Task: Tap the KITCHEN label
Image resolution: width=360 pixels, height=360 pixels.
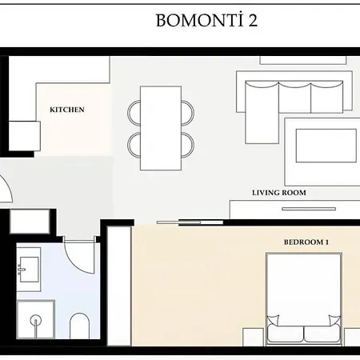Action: click(x=68, y=110)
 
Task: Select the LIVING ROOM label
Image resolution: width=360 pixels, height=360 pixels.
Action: click(x=278, y=193)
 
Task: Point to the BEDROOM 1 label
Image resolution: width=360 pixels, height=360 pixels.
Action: click(x=306, y=242)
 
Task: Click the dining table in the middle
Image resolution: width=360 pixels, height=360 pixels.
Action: click(x=161, y=127)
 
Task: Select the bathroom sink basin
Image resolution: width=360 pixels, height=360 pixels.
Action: click(x=30, y=267)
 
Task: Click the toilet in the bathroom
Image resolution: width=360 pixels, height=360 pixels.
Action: click(x=79, y=326)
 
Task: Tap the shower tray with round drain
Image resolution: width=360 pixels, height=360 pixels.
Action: click(x=35, y=326)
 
